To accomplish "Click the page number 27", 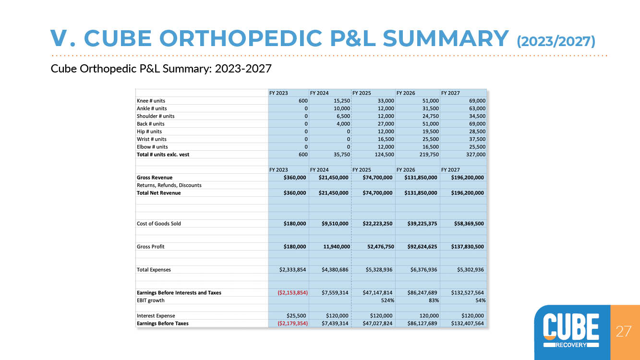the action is (623, 332).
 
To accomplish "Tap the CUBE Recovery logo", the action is (571, 331).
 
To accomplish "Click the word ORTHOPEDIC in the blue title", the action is (241, 38).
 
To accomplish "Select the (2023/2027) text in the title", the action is (555, 41).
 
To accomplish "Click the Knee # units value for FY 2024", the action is (342, 101).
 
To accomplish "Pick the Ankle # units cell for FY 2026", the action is (430, 108).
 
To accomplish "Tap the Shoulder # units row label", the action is (156, 116).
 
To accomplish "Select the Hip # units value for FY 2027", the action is (477, 132).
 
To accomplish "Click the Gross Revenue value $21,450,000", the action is (333, 178).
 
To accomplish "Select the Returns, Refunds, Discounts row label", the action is (169, 185).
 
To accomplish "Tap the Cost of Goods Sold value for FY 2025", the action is (377, 224).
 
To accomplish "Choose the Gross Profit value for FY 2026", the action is (422, 247).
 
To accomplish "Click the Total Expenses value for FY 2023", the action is (292, 270).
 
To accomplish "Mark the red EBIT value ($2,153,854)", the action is (292, 293).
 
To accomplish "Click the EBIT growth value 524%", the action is (387, 300).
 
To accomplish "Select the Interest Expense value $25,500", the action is (296, 316).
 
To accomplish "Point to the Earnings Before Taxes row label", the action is (163, 324).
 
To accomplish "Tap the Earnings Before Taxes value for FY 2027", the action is (468, 324).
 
